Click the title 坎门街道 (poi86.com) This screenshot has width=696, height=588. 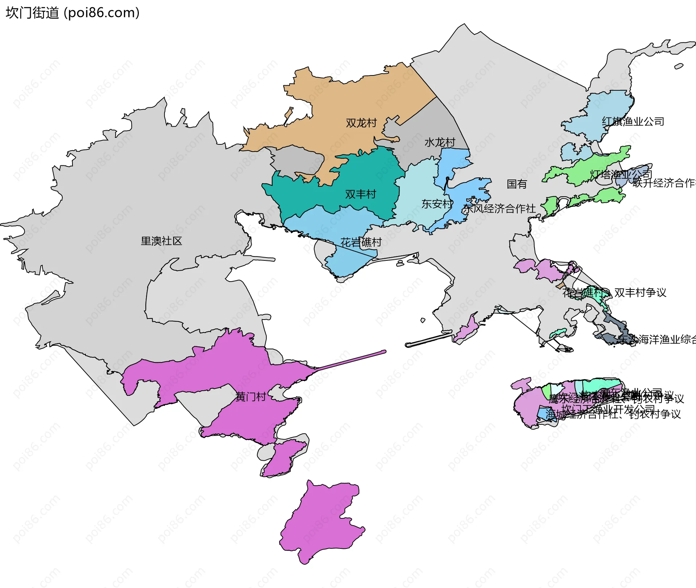pos(72,13)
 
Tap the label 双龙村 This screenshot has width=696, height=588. pos(361,123)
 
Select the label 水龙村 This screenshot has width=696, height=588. pos(439,142)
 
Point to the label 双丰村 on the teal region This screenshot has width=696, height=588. pos(360,194)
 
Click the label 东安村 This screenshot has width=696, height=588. pos(437,204)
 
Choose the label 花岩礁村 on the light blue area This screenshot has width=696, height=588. pos(361,242)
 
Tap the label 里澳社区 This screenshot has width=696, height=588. pos(161,241)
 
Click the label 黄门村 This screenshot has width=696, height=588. pos(250,397)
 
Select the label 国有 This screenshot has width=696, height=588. pos(517,184)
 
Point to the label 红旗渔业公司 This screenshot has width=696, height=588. pos(633,122)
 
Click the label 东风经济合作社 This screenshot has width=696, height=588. pos(499,209)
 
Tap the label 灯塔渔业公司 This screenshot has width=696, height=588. pos(621,175)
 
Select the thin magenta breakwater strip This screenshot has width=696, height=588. pos(352,360)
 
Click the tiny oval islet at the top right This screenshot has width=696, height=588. pos(679,66)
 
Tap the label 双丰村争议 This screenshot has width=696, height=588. pos(640,292)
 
